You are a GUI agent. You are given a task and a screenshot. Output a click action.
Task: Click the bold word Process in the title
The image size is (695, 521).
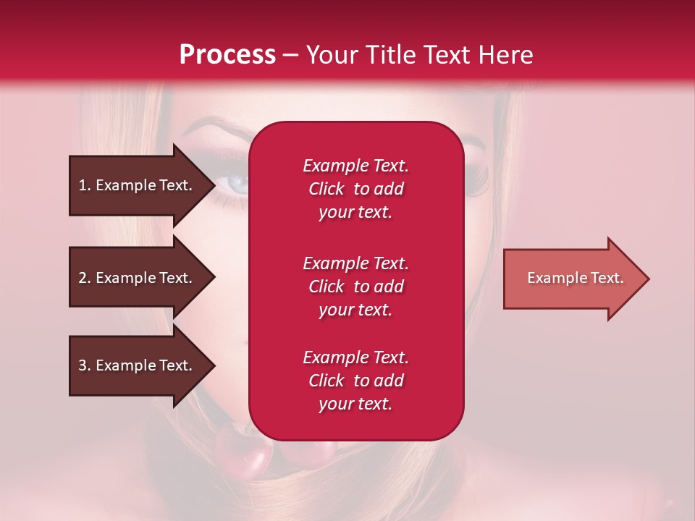pos(227,54)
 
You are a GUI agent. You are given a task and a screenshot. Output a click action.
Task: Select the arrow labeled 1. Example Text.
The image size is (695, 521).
pos(138,185)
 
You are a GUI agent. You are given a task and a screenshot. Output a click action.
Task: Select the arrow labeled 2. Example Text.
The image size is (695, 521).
pos(138,278)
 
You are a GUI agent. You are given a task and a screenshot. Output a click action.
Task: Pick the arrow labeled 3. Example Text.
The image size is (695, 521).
pos(138,365)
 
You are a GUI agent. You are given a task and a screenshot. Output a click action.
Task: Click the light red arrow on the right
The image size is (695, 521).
pos(572,279)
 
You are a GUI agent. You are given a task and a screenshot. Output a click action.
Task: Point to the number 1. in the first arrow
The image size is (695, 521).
pos(85,185)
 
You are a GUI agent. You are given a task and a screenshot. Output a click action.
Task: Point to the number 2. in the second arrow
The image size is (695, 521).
pos(85,278)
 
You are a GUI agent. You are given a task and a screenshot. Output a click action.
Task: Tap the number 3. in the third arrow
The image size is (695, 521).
pos(85,365)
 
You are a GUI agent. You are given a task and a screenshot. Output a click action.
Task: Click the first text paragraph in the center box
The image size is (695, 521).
pos(355,189)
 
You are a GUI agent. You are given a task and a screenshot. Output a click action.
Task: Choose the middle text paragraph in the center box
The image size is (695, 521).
pos(355,287)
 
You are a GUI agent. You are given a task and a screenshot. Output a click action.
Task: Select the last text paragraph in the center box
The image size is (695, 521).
pos(355,381)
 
